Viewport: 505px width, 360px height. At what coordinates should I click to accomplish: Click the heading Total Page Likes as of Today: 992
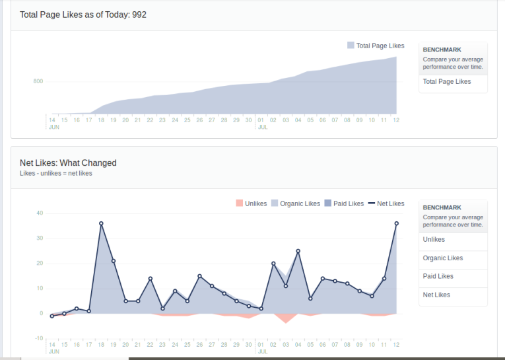(83, 15)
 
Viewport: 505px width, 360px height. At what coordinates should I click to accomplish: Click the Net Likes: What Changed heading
(68, 162)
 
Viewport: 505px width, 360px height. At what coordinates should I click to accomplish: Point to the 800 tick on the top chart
(38, 82)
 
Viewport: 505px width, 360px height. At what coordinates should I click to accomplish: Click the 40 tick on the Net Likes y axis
(40, 213)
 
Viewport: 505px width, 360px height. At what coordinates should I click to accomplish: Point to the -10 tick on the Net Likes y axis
(38, 338)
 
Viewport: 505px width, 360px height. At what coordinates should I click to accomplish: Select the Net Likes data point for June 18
(101, 223)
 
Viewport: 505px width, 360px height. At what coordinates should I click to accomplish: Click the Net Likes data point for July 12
(397, 223)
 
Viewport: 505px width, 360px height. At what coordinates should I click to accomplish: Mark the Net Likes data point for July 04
(298, 251)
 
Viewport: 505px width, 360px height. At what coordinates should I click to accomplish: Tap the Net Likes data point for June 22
(151, 278)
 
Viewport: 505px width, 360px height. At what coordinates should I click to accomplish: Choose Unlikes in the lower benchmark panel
(434, 240)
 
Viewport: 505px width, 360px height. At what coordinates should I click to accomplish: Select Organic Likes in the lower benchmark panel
(443, 258)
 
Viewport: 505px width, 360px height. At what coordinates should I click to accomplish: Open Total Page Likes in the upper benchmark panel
(447, 82)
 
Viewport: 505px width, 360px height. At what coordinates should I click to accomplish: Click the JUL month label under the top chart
(263, 127)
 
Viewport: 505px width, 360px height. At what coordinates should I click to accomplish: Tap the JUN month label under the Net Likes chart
(54, 351)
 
